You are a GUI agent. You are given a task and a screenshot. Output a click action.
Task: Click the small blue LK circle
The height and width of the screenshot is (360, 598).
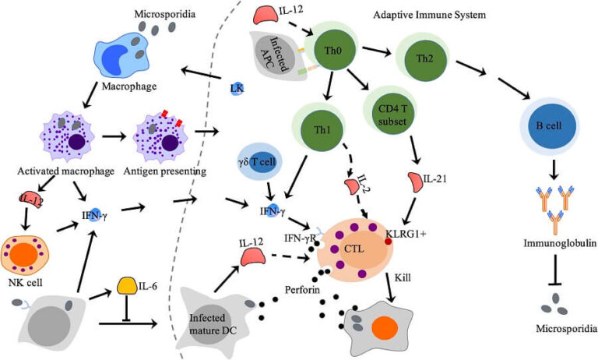237,89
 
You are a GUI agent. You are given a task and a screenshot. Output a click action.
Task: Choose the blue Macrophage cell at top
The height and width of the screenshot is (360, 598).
121,58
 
